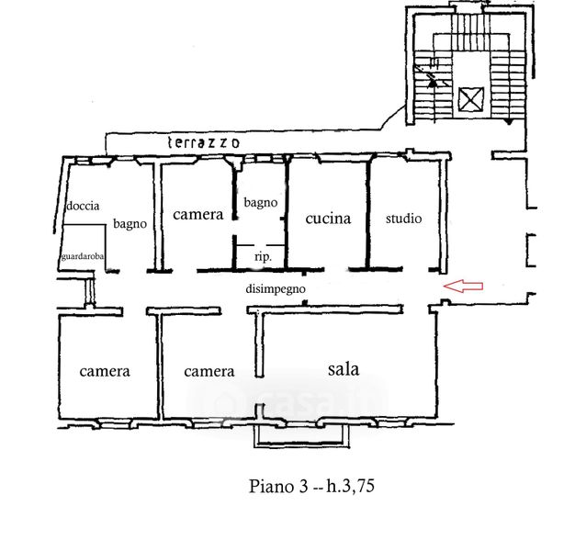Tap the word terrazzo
pos(204,142)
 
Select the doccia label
pos(83,207)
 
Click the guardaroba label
pos(83,257)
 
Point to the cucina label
pos(328,219)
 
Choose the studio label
pos(403,219)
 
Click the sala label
pos(344,369)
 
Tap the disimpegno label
pos(275,289)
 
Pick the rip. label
pos(263,258)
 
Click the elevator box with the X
pos(471,98)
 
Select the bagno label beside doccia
pos(130,223)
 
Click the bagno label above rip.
pos(260,202)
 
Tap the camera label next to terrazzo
pos(197,215)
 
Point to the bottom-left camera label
pos(105,372)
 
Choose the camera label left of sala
pos(209,372)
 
